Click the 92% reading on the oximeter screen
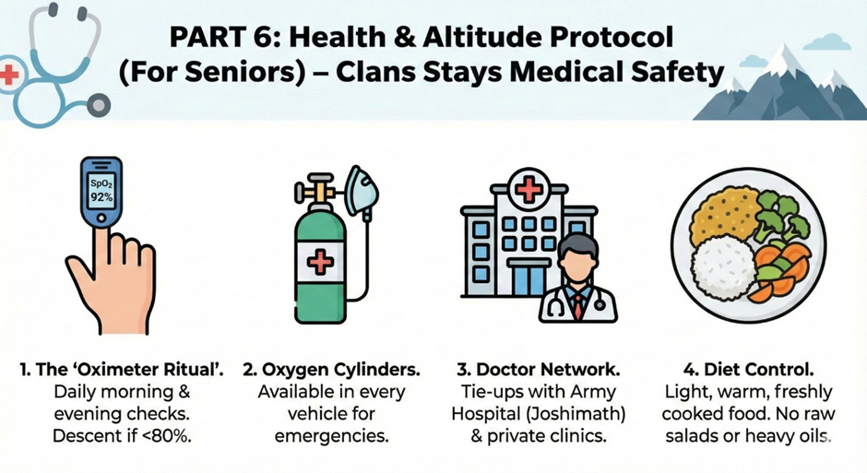pos(101,196)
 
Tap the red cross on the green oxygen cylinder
pos(320,261)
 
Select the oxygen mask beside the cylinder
pos(361,191)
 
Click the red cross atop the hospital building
pos(529,190)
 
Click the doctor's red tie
pos(577,305)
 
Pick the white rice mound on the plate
pos(723,268)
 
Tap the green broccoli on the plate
pos(780,215)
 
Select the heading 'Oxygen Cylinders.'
pos(331,369)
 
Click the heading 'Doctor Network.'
pos(539,369)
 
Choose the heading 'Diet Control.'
pos(749,369)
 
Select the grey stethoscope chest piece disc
pos(99,104)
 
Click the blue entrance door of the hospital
pos(529,278)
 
